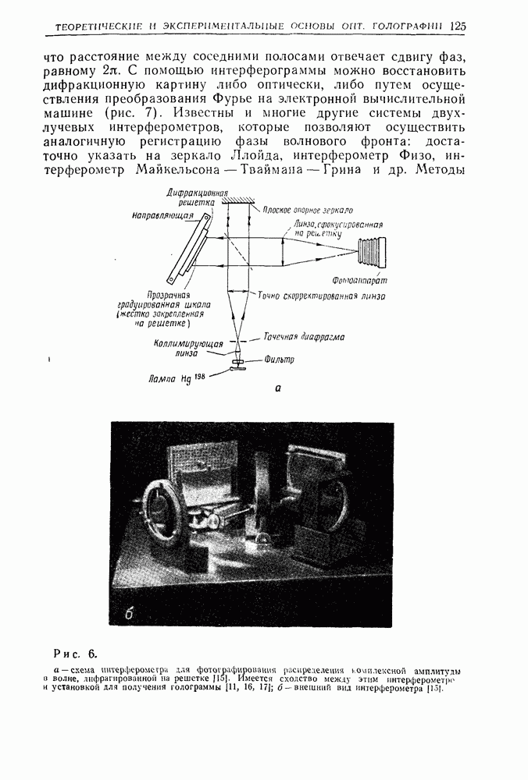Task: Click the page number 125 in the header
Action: click(x=458, y=26)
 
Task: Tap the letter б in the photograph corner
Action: click(x=131, y=613)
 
